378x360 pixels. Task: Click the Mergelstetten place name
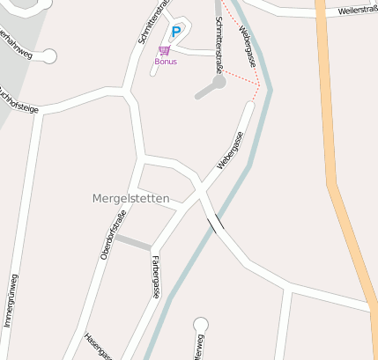point(130,198)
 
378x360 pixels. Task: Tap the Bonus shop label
point(166,62)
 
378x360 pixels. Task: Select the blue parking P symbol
point(175,33)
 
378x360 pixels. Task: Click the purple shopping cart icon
point(164,50)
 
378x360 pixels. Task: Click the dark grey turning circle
point(219,81)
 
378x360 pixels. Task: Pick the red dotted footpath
point(239,74)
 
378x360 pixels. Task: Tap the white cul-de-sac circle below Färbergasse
point(201,325)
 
